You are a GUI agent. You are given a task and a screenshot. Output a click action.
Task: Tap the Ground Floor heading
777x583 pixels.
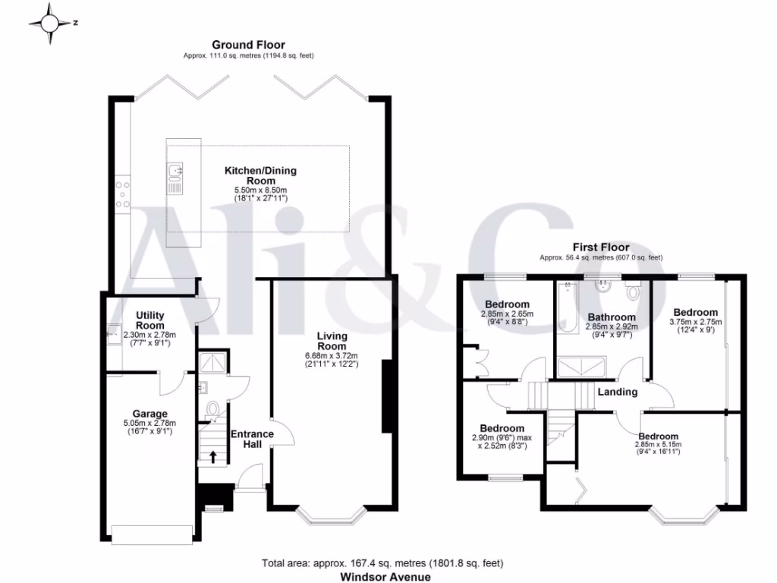[x=248, y=46]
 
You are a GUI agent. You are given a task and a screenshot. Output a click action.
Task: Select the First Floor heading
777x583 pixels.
[x=601, y=247]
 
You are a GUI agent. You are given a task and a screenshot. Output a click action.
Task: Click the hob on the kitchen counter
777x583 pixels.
[x=121, y=193]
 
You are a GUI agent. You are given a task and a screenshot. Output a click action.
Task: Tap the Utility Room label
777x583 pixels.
[x=149, y=320]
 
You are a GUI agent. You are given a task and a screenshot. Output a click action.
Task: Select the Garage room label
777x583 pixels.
[x=150, y=414]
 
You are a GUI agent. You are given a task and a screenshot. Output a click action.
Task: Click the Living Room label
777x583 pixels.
[x=332, y=341]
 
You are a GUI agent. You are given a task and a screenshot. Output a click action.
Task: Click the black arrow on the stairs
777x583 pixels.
[x=212, y=456]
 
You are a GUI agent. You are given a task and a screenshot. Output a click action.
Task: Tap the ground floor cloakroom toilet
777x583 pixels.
[x=212, y=410]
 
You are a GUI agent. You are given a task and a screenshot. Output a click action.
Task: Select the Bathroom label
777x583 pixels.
[x=611, y=317]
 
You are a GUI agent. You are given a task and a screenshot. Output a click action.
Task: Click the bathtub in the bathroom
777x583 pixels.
[x=565, y=308]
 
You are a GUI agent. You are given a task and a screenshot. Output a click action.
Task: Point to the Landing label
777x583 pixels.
[x=617, y=392]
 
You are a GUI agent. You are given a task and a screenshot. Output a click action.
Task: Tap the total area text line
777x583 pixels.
[x=382, y=563]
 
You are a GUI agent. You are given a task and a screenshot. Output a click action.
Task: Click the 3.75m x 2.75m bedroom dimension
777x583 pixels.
[x=696, y=322]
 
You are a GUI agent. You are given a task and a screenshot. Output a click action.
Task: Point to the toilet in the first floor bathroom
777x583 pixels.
[x=634, y=292]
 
